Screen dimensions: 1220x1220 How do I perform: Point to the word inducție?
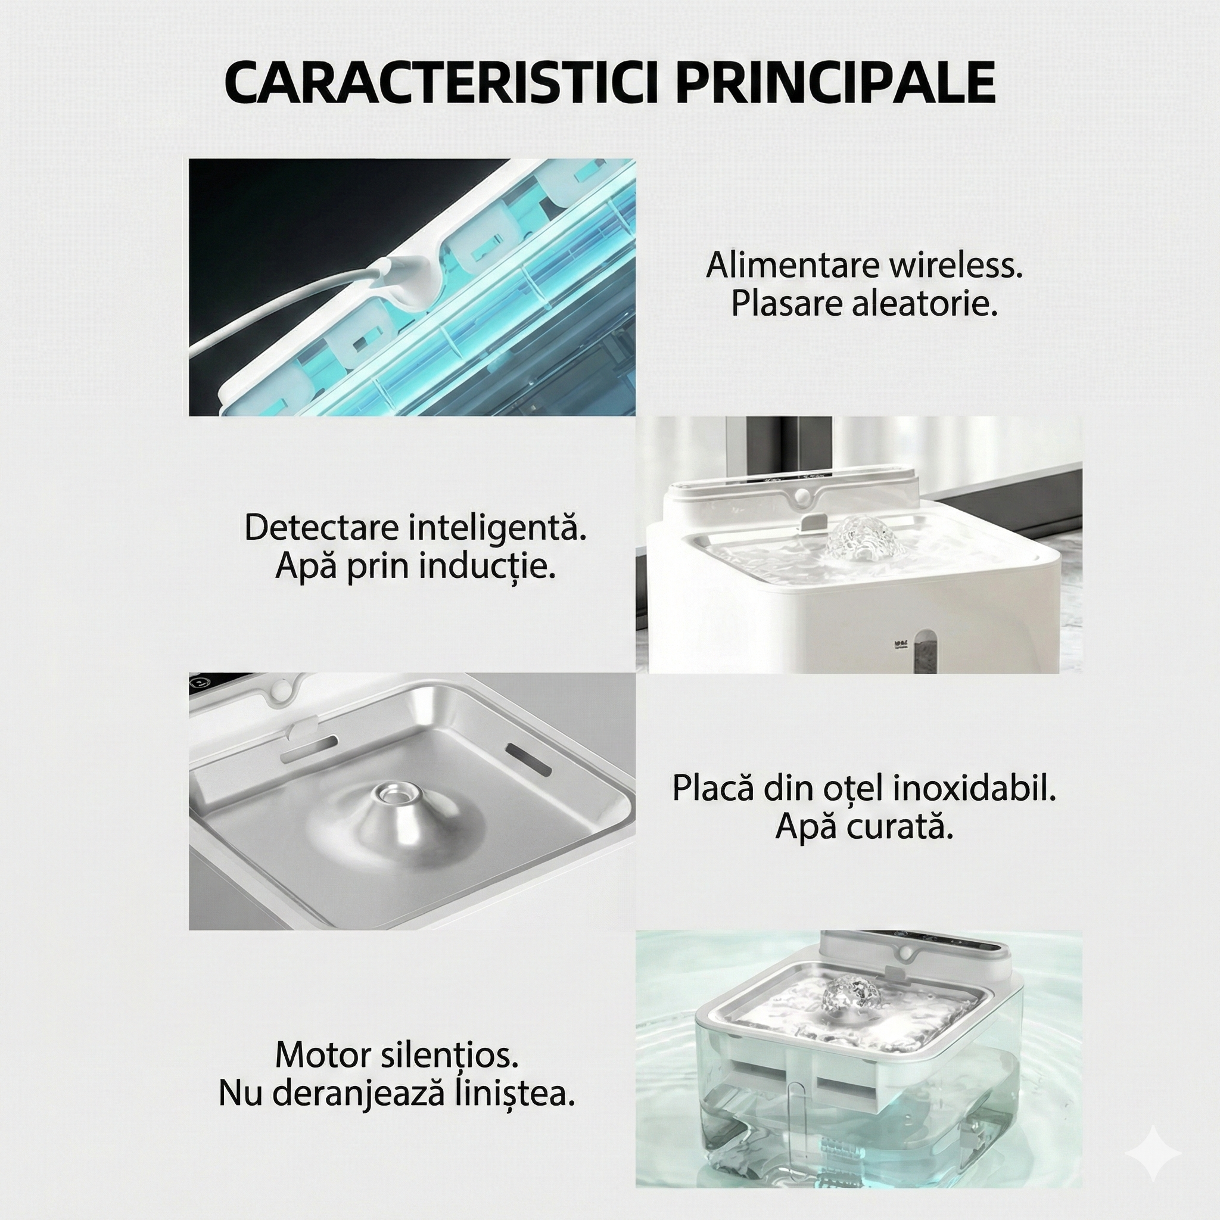[487, 567]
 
